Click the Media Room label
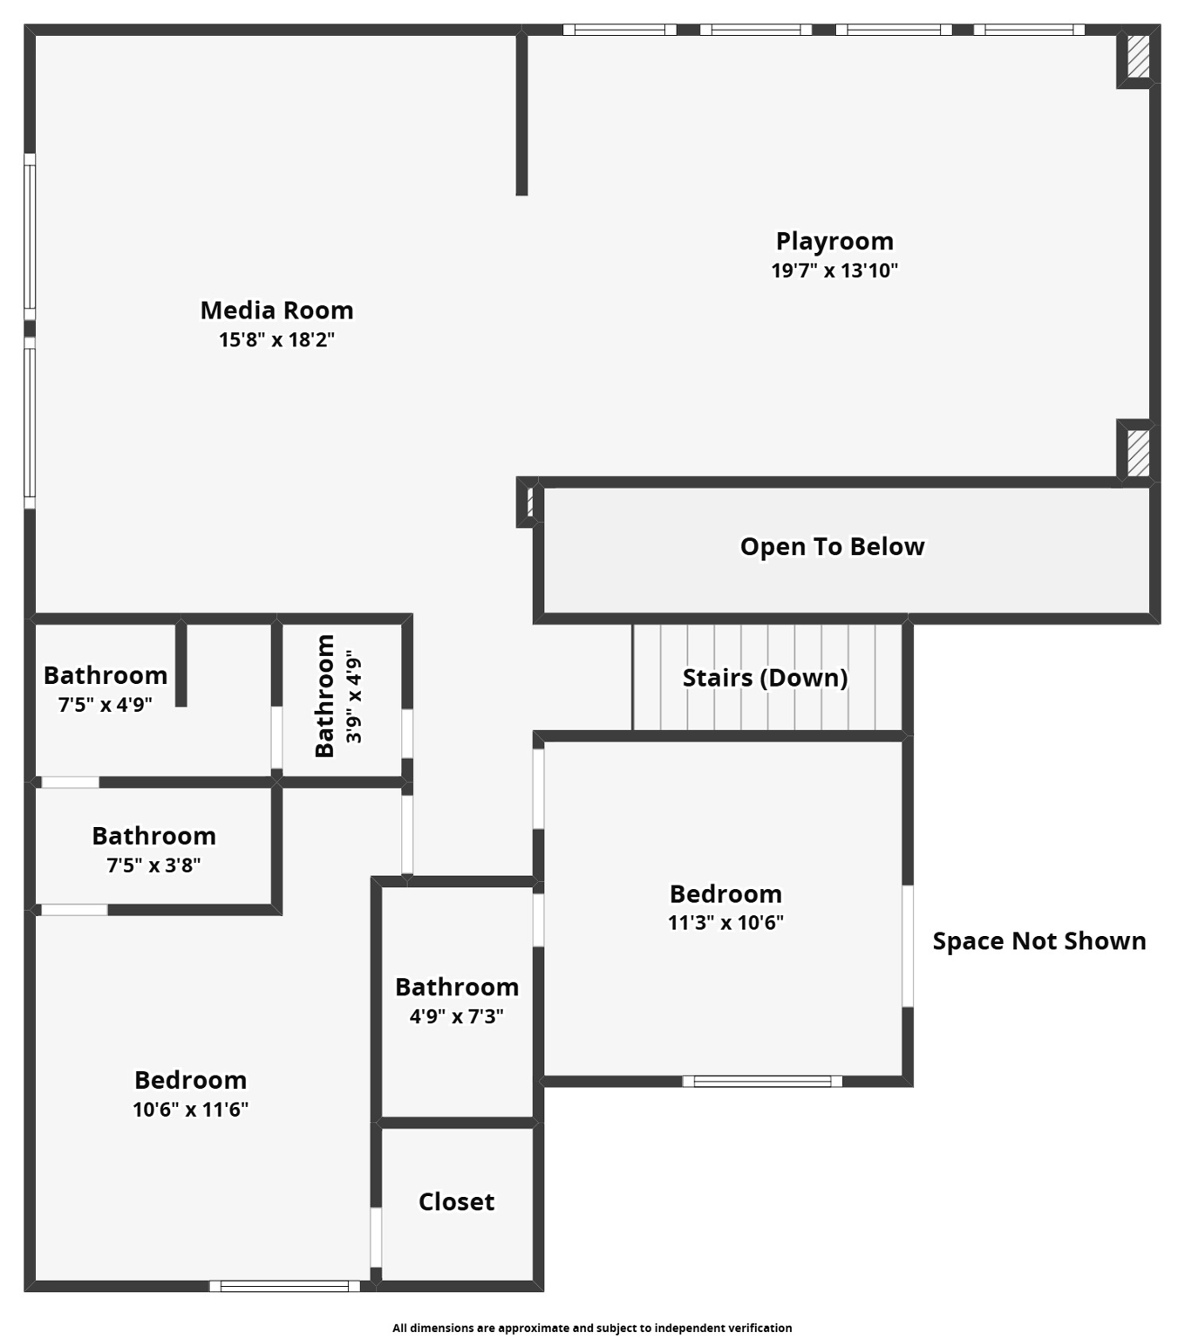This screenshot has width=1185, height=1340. tap(276, 311)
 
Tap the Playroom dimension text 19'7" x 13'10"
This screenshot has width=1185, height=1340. tap(834, 270)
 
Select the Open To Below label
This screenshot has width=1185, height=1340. tap(832, 547)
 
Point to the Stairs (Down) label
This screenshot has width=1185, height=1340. tap(765, 678)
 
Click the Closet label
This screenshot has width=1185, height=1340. tap(456, 1202)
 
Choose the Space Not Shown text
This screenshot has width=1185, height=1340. tap(1039, 941)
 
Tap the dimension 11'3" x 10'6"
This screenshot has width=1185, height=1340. tap(725, 923)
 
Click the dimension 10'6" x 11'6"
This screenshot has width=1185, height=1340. tap(190, 1110)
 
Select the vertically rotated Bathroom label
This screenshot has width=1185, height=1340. tap(324, 696)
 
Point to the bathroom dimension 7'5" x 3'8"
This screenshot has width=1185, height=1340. tap(153, 865)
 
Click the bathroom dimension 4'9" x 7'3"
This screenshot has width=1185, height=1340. tap(456, 1016)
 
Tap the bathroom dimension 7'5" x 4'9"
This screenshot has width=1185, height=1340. tap(105, 705)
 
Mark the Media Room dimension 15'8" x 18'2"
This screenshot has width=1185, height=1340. tap(276, 340)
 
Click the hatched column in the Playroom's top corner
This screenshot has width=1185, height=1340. tap(1138, 58)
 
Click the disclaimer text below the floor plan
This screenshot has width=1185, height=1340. tap(592, 1328)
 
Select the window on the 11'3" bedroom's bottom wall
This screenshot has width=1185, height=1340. tap(762, 1082)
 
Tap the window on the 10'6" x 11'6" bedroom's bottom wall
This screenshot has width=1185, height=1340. tap(284, 1286)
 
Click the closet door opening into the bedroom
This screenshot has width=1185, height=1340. tap(376, 1236)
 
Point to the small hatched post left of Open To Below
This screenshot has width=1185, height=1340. tap(529, 502)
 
